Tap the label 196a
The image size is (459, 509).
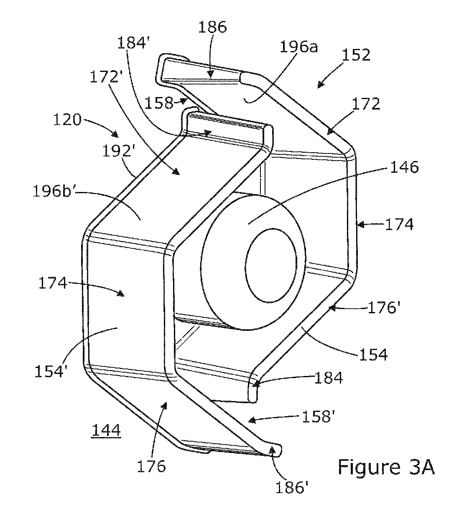pyautogui.click(x=298, y=47)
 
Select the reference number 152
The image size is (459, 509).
pyautogui.click(x=356, y=55)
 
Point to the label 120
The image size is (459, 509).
pyautogui.click(x=67, y=120)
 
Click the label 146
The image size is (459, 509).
pyautogui.click(x=404, y=167)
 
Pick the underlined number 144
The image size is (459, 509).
pyautogui.click(x=106, y=430)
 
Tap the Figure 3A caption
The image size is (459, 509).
pyautogui.click(x=386, y=468)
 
